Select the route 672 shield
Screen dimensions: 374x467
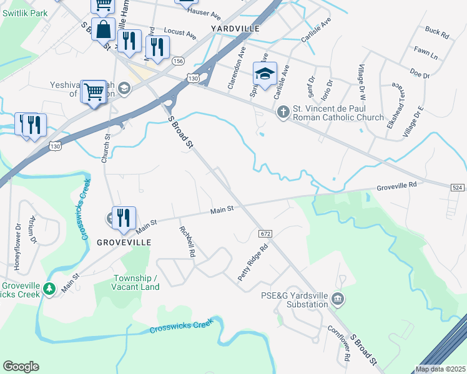(x=265, y=233)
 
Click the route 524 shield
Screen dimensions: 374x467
(x=458, y=188)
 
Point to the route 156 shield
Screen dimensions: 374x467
(x=179, y=60)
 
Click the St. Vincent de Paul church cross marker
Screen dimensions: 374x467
(x=283, y=112)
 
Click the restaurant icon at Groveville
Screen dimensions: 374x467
(x=124, y=218)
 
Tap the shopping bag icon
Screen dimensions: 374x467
(x=104, y=28)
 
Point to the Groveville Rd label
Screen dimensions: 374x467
(x=396, y=186)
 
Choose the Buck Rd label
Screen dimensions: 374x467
(x=436, y=32)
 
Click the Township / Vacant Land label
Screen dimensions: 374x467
(x=135, y=282)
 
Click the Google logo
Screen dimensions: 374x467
(x=21, y=367)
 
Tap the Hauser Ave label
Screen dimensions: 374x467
(x=207, y=12)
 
